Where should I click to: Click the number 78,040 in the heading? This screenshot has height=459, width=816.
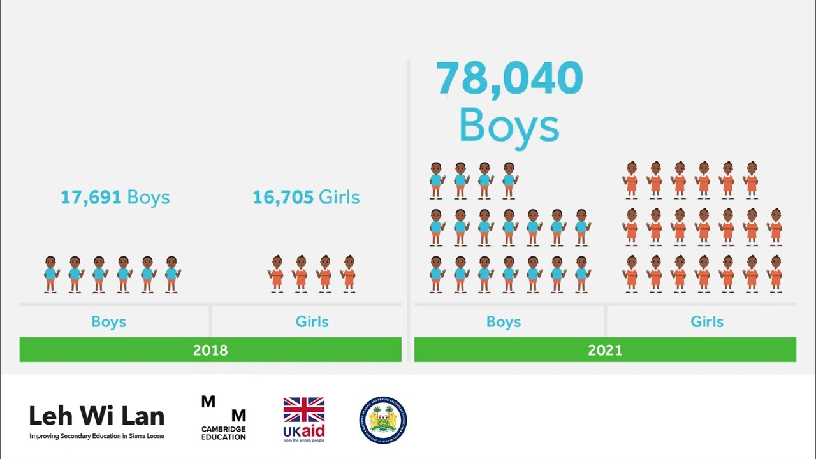[x=509, y=78]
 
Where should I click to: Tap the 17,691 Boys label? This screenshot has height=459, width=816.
[x=115, y=197]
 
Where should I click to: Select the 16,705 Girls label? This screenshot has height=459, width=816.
[x=306, y=197]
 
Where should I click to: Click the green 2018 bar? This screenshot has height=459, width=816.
[x=210, y=350]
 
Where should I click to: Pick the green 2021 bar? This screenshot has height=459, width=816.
[x=605, y=350]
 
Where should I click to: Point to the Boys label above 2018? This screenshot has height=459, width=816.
[x=108, y=322]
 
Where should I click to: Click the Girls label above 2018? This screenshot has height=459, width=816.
[x=312, y=322]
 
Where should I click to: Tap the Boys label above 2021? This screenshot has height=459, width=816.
[x=504, y=322]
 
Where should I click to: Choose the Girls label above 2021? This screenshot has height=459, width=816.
[x=707, y=322]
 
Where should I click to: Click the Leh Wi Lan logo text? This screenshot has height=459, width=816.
[x=97, y=416]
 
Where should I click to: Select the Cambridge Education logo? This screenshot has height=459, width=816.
[x=224, y=418]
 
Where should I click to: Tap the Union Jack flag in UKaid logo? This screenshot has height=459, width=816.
[x=304, y=410]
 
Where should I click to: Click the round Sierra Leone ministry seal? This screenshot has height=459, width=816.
[x=383, y=419]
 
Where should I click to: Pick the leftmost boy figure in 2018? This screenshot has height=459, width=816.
[x=50, y=275]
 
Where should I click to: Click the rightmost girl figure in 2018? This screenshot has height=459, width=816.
[x=349, y=275]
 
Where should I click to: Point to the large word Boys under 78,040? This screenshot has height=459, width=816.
[x=509, y=126]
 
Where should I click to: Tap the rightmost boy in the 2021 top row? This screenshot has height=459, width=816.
[x=509, y=181]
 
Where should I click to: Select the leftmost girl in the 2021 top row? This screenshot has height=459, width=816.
[x=631, y=181]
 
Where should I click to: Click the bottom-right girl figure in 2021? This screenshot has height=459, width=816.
[x=776, y=275]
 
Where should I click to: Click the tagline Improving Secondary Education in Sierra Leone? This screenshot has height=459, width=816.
[x=97, y=436]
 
